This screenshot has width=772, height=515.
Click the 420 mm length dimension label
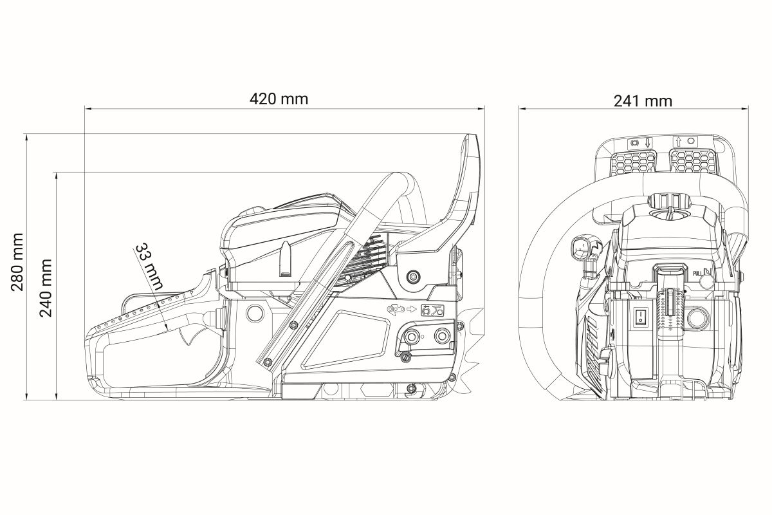[x=279, y=99]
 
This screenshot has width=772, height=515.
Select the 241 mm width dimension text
[x=643, y=101]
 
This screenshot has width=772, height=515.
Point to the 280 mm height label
[x=17, y=262]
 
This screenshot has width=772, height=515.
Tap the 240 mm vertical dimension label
[x=45, y=288]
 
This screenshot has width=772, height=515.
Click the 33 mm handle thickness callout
[x=149, y=267]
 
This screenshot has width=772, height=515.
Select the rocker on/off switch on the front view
[x=640, y=317]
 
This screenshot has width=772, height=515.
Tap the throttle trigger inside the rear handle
[x=192, y=335]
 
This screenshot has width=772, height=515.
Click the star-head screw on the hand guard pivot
[x=412, y=277]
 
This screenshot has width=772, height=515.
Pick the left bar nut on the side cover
[x=412, y=336]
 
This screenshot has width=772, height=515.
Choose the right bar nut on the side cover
[x=442, y=335]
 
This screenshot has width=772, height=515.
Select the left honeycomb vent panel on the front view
[x=633, y=162]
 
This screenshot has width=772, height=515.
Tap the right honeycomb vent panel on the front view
[x=693, y=161]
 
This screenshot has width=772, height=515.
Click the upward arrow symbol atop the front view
[x=679, y=142]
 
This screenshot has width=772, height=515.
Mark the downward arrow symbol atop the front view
[x=647, y=143]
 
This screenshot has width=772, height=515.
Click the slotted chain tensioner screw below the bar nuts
[x=407, y=357]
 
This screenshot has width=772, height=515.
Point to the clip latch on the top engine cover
[x=286, y=259]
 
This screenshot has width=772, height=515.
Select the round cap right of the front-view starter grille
[x=698, y=318]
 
